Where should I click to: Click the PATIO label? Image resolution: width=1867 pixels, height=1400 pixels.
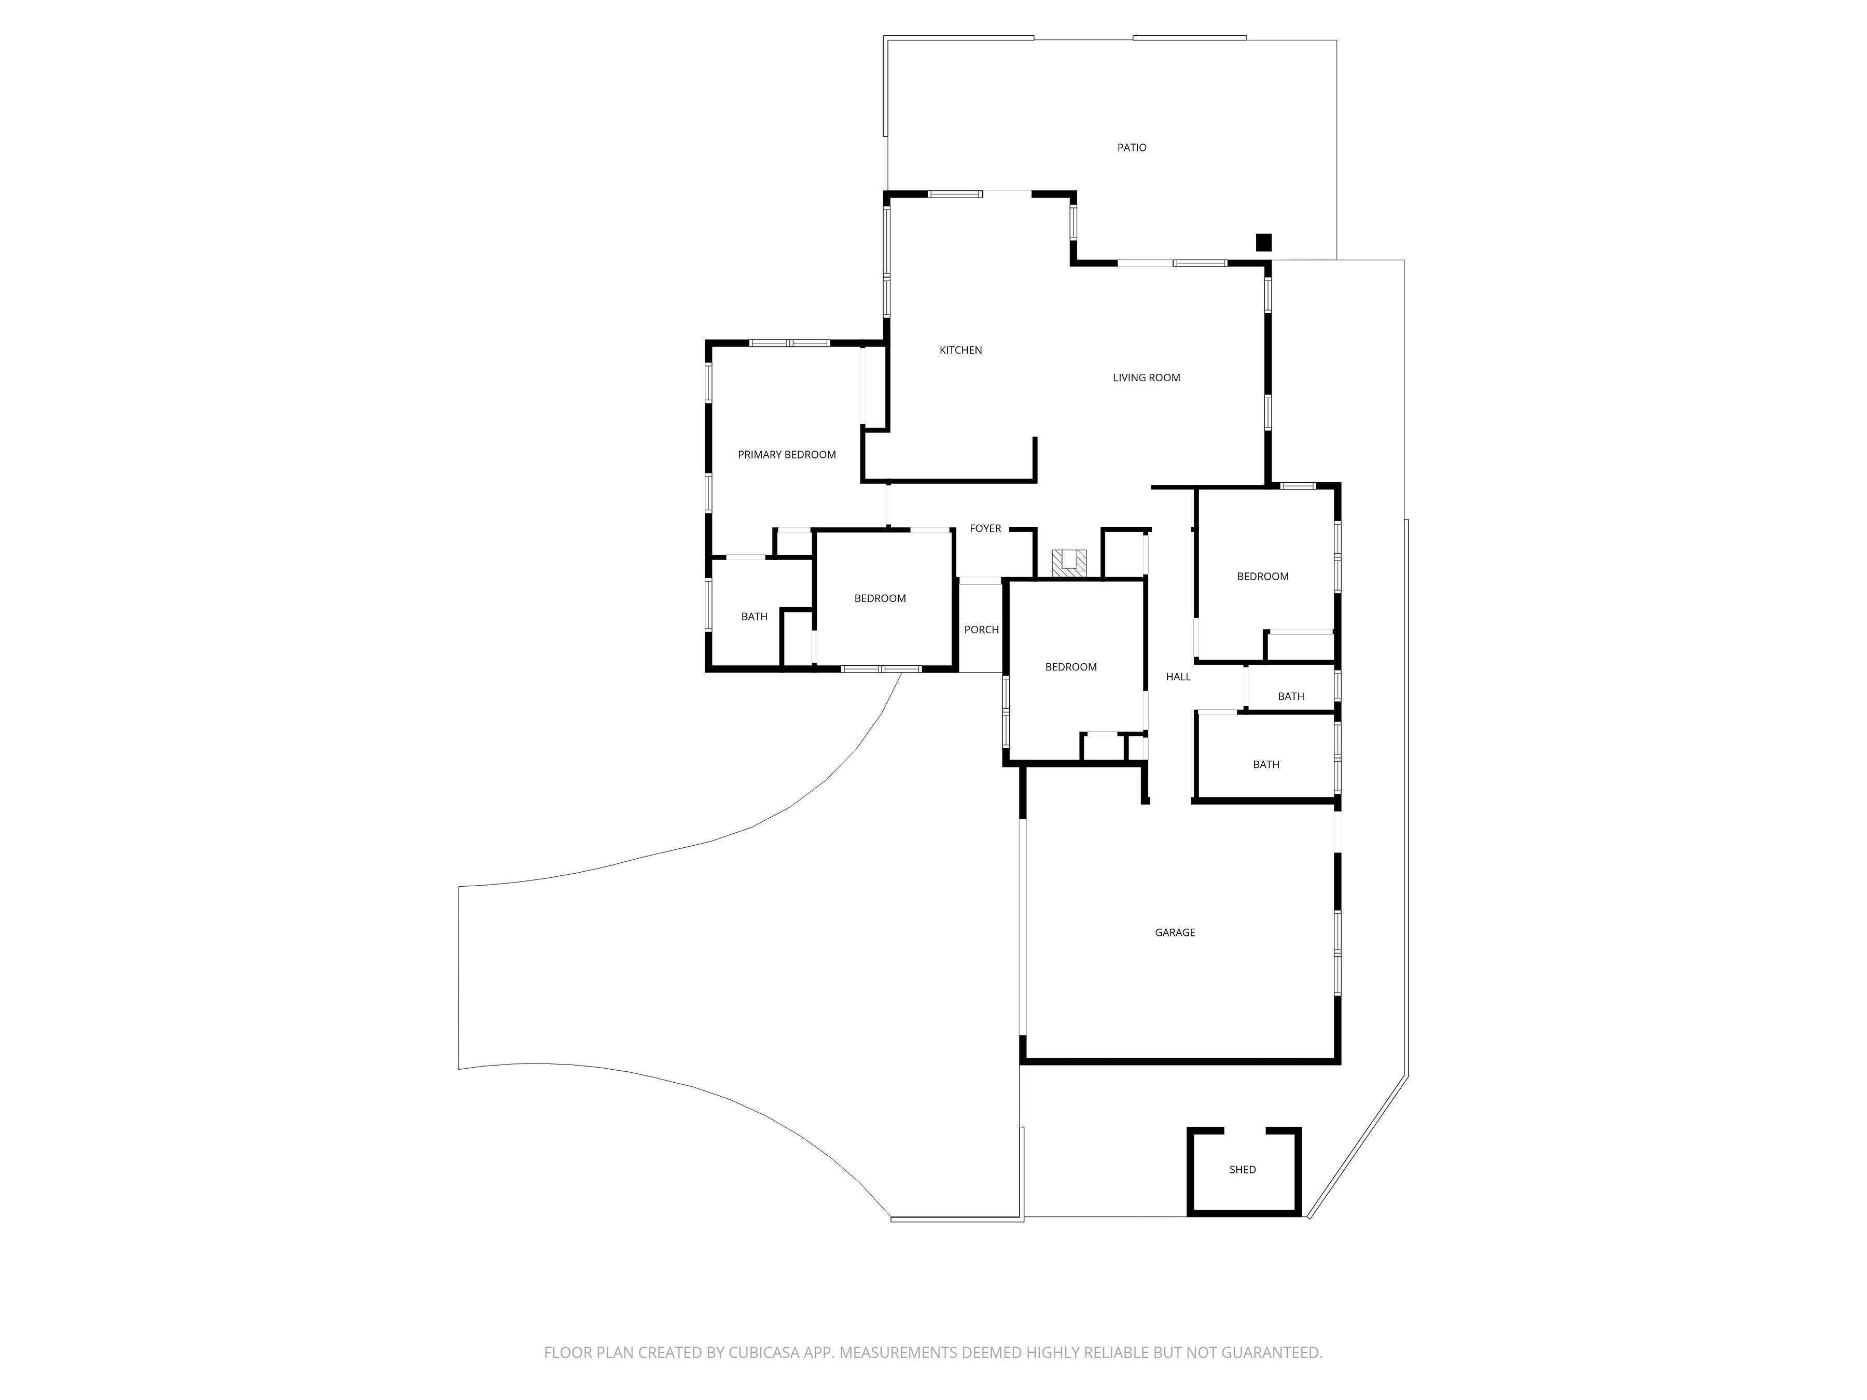1132,148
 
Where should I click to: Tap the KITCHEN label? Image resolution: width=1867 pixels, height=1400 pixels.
960,350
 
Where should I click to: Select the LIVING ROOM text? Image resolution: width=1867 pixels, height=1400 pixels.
1146,378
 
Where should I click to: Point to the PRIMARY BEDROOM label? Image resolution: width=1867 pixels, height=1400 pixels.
787,455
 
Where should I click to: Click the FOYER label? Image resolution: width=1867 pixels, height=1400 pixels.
985,528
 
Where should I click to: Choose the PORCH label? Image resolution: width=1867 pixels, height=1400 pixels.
982,629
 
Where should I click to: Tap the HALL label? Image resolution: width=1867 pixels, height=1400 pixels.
1178,677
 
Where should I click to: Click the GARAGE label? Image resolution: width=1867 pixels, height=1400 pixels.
1175,932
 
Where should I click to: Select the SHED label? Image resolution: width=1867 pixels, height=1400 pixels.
1243,1170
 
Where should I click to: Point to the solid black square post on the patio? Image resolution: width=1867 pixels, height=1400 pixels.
1263,242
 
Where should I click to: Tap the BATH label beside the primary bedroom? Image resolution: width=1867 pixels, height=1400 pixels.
755,617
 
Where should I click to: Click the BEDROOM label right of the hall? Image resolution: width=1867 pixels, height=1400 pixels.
1263,577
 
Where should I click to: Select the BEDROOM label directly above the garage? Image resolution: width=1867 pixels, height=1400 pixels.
1071,667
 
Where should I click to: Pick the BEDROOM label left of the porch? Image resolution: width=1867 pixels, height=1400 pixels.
880,598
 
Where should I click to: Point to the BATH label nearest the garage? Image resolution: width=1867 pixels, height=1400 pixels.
1265,765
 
